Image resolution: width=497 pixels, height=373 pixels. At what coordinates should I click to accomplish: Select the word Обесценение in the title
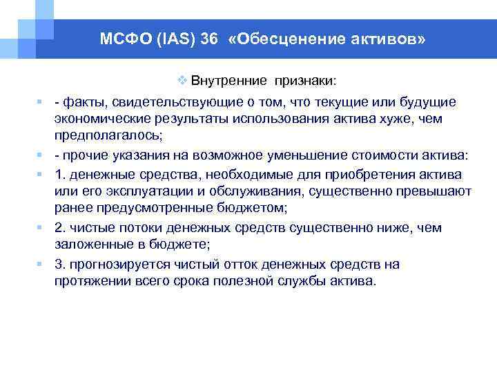pyautogui.click(x=290, y=39)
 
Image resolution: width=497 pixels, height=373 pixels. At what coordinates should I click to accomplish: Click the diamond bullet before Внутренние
pyautogui.click(x=183, y=80)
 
